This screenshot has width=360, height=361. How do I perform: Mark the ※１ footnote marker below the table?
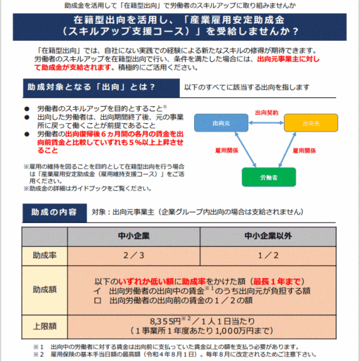[38, 346]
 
